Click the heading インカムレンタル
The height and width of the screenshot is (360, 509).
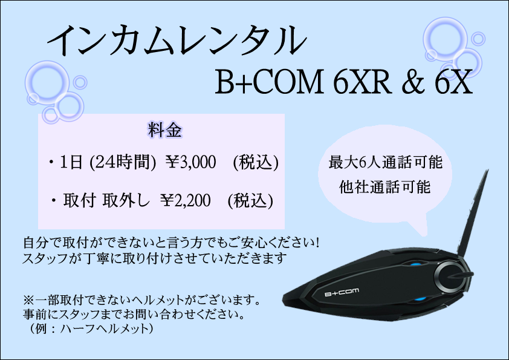coord(177,41)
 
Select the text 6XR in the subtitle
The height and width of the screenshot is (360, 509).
coord(361,82)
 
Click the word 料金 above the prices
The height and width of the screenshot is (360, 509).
coord(165,130)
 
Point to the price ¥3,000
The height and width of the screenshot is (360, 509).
coord(190,162)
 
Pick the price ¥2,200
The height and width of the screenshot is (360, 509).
coord(186,200)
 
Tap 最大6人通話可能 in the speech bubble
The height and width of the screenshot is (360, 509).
coord(385,162)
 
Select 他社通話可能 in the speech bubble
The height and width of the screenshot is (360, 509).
coord(385,187)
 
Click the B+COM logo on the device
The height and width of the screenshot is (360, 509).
coord(342,292)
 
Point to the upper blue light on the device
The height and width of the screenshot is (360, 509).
coord(415,264)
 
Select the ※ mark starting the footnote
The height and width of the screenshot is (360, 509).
coord(28,300)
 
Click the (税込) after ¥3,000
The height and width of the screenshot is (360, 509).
coord(256,162)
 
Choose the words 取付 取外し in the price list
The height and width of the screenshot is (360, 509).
coord(106,200)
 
